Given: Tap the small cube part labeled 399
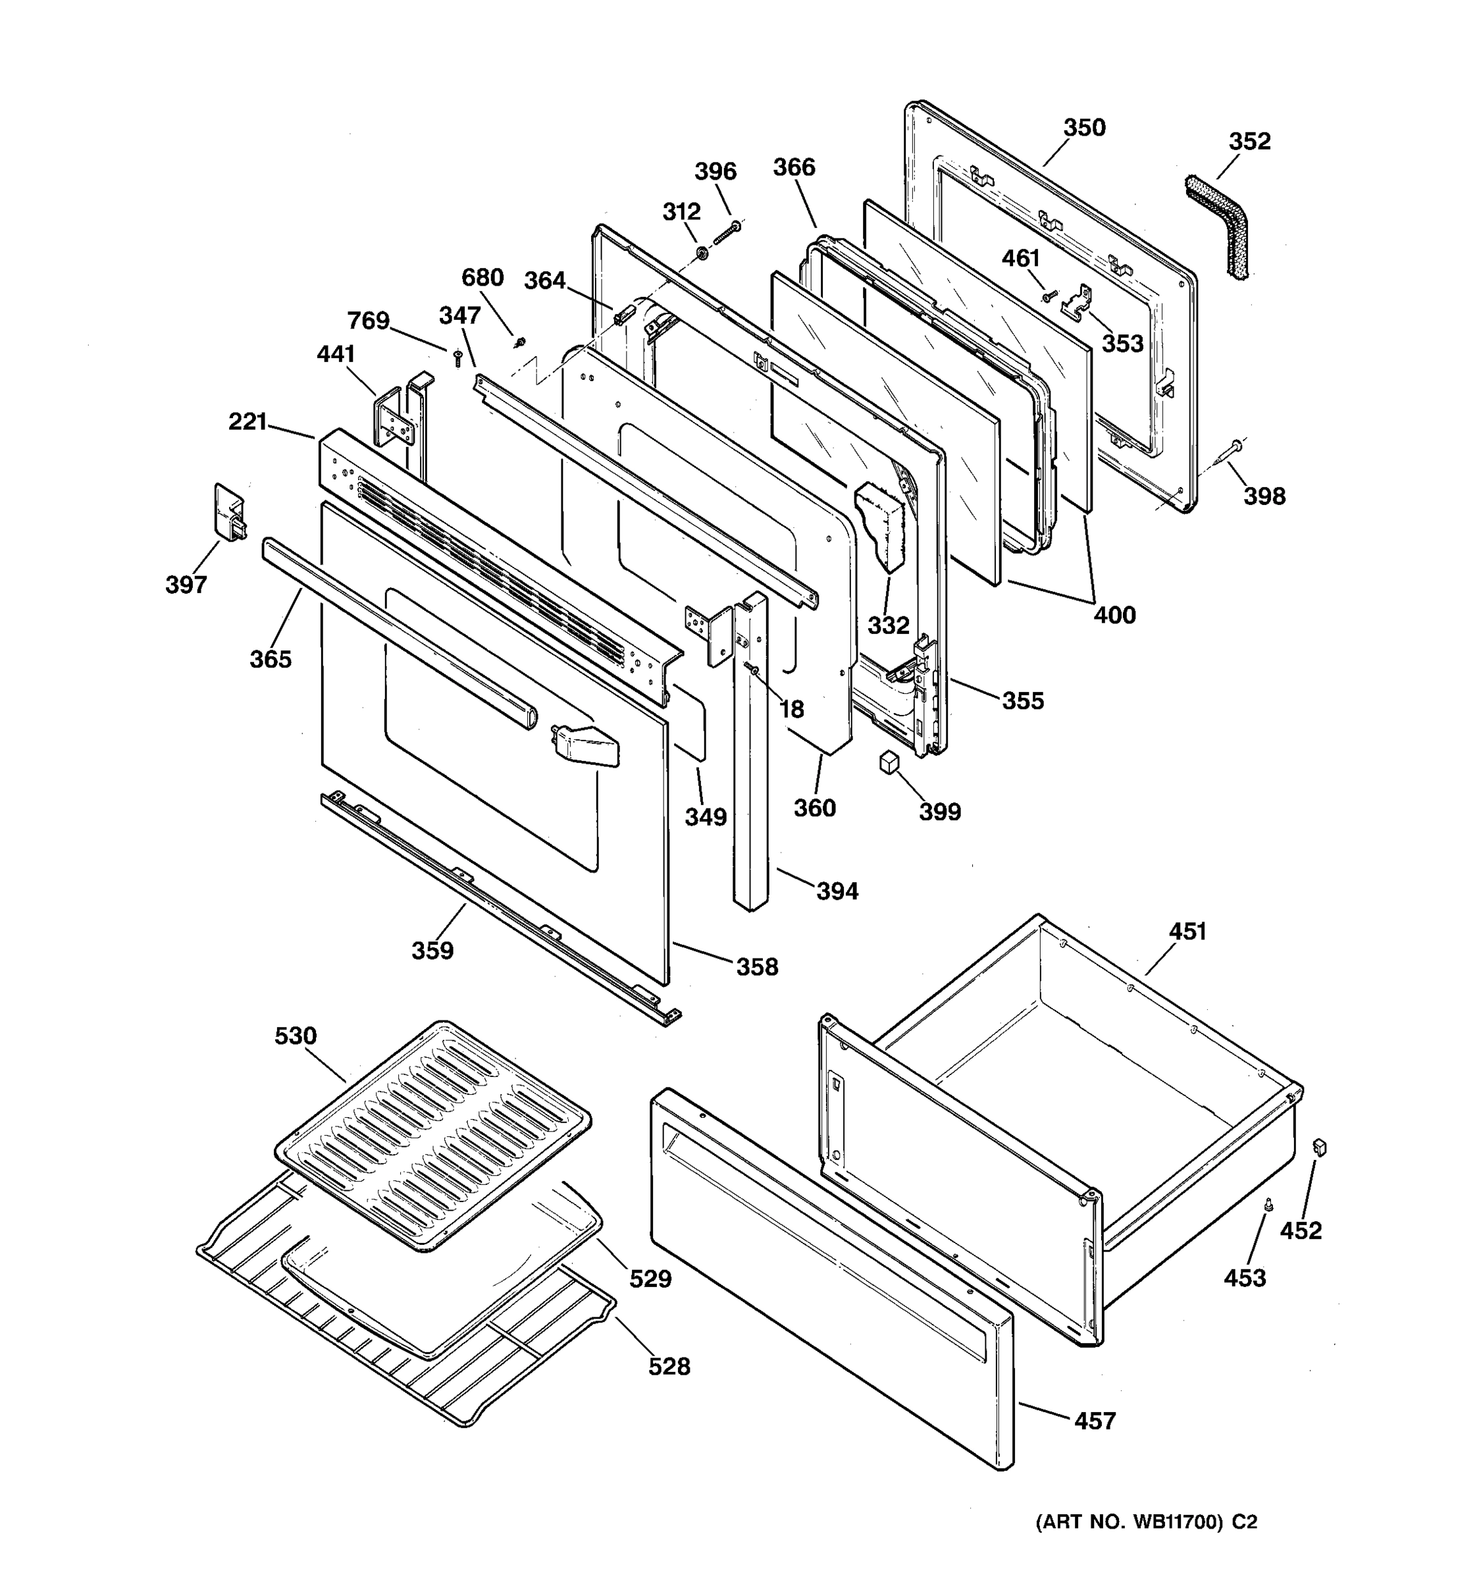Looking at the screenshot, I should [889, 762].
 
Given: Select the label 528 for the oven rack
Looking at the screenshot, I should [669, 1366].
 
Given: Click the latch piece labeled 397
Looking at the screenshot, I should [229, 513].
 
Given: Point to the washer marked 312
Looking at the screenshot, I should [702, 253].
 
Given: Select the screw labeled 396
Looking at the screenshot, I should [727, 234].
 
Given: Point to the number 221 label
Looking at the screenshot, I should [247, 421].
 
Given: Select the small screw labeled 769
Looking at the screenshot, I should [457, 359].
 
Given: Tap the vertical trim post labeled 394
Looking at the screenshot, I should [751, 755].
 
